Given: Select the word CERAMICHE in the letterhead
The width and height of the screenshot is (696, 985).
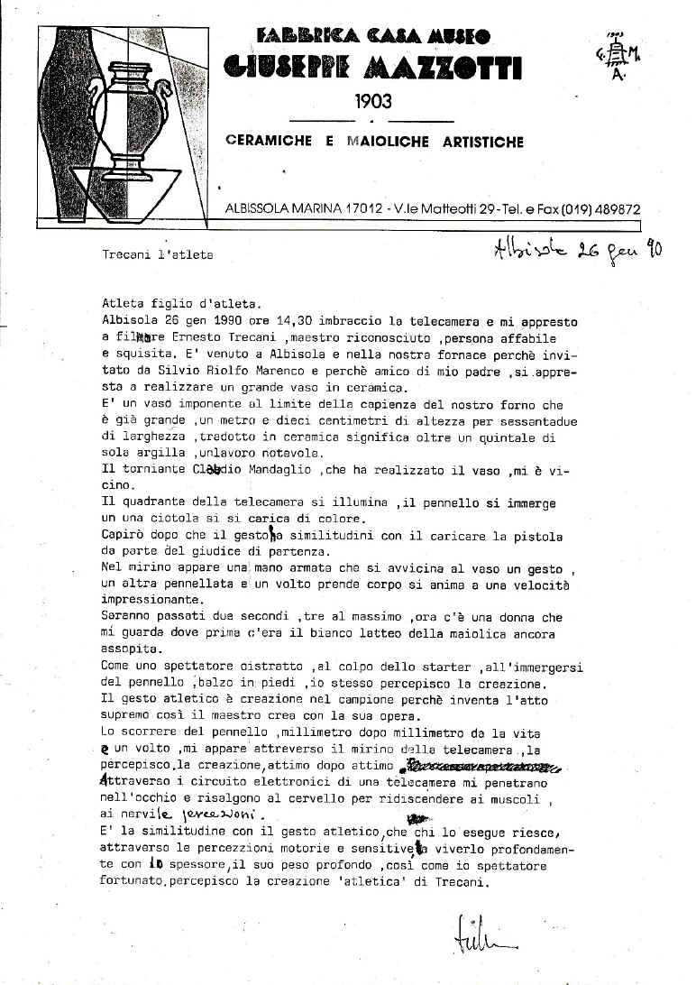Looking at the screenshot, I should pyautogui.click(x=270, y=143).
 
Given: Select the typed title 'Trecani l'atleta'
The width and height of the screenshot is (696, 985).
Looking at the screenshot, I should pyautogui.click(x=159, y=255).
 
